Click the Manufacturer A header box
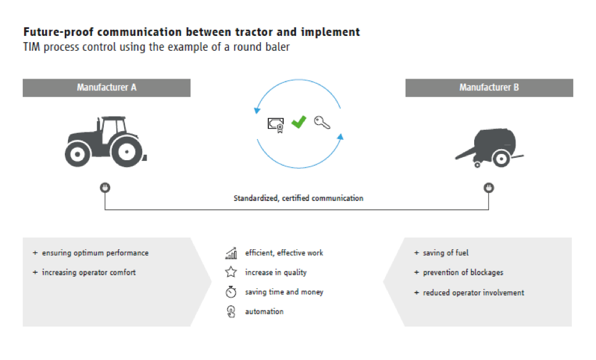pos(106,88)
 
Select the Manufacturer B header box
pos(489,88)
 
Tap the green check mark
pos(299,122)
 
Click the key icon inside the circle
pos(322,122)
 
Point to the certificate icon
pos(276,125)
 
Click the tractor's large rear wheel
pos(127,152)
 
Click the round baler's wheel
pos(501,158)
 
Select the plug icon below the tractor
pos(105,187)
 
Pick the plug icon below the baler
pos(489,187)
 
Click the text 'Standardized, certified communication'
pos(299,198)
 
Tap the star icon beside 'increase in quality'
pos(231,272)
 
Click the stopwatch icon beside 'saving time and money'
pos(231,291)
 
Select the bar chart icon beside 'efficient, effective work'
pos(231,253)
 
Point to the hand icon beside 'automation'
pos(231,312)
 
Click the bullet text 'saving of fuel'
pos(446,253)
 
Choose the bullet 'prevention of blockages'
pos(463,273)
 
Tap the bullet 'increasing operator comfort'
pos(88,273)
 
